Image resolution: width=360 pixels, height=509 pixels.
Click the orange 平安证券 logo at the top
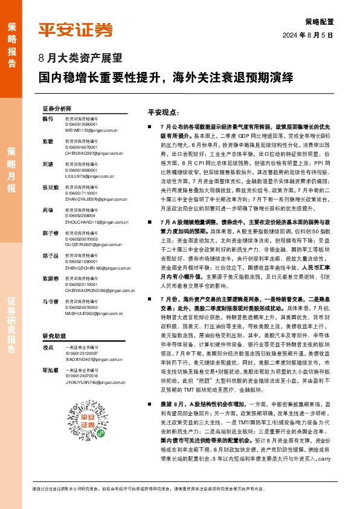[76, 29]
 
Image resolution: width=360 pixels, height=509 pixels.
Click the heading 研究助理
[53, 336]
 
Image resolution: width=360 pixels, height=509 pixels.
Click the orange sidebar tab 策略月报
[11, 170]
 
